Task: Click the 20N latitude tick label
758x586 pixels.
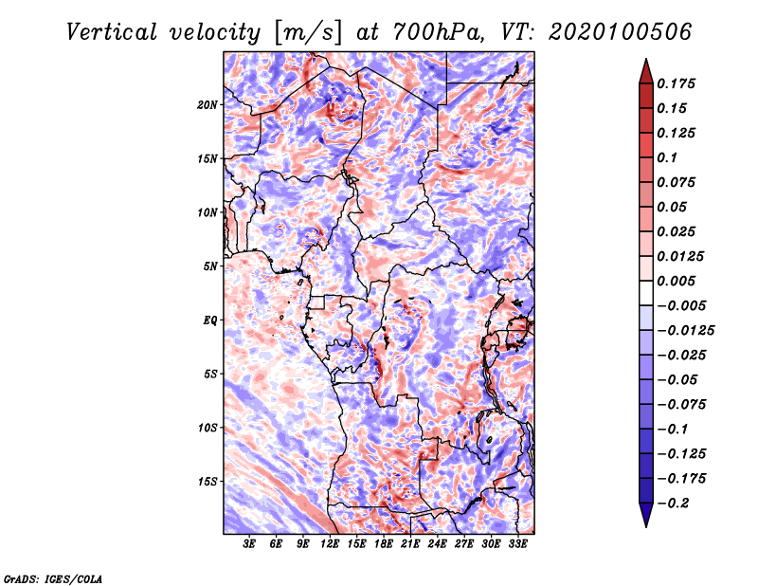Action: pos(207,105)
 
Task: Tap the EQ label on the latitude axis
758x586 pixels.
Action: pos(210,320)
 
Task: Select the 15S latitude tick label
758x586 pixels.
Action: pos(207,482)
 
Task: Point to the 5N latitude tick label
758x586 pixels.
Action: pos(210,266)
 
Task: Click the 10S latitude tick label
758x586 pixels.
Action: pos(207,428)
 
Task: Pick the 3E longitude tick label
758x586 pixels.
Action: pos(249,544)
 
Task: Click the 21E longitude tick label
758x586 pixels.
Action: pos(410,544)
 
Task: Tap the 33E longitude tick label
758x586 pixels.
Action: pos(517,544)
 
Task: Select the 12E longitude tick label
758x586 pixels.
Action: pos(330,544)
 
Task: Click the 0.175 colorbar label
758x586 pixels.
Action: pos(676,83)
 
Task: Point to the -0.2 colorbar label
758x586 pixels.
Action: pos(673,504)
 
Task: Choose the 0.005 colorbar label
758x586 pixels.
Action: pos(676,281)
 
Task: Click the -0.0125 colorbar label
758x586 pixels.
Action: pos(685,331)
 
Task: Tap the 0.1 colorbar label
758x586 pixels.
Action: pos(667,157)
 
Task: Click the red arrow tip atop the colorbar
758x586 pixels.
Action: pos(646,59)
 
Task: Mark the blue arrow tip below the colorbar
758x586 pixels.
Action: pos(646,526)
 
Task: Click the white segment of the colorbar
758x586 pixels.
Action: pos(646,293)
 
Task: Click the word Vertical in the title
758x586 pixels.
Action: pos(111,32)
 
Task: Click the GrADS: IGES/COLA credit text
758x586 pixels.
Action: pos(53,579)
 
